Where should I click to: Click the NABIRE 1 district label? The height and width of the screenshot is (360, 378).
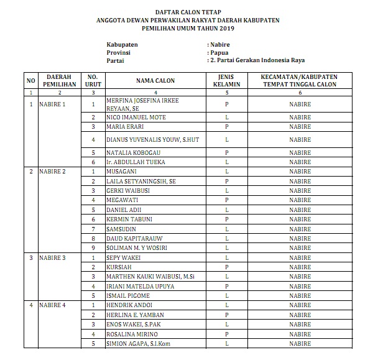click(52, 104)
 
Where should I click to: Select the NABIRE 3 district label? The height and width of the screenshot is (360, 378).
click(52, 256)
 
